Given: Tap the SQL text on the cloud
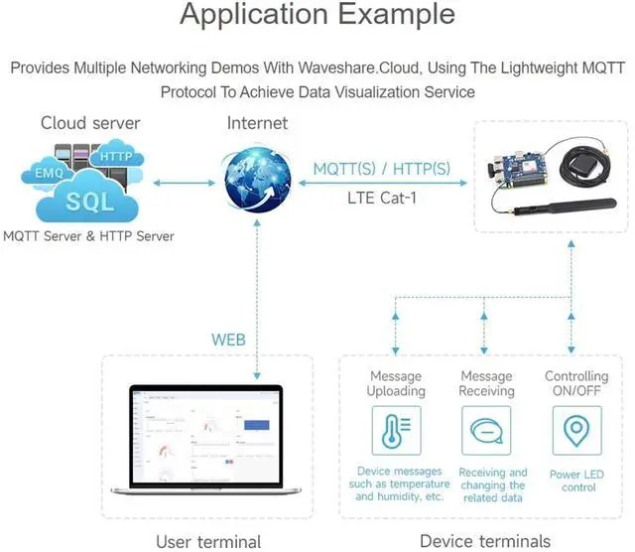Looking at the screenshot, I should tap(90, 202).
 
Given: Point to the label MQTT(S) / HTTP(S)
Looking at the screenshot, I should tap(381, 169).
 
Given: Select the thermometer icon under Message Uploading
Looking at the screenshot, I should tap(396, 431).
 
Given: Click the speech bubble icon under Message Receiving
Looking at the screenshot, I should tap(486, 431).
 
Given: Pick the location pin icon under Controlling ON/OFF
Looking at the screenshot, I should tap(576, 431).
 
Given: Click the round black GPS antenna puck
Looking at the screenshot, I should tap(577, 166).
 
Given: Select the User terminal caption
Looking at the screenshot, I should tap(208, 541).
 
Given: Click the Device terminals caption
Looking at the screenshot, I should tap(485, 541).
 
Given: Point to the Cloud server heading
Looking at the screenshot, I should tap(90, 123).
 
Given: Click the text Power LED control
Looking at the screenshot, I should tap(576, 481).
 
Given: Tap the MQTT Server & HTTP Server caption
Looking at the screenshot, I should tap(88, 236).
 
